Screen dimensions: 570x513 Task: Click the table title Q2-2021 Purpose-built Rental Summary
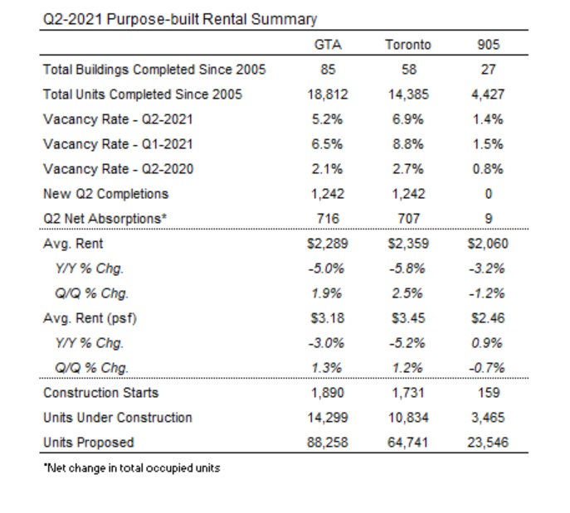point(180,19)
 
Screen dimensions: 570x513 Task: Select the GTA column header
point(328,45)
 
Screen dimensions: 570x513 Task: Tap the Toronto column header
point(408,45)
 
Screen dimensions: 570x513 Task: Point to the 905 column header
point(488,45)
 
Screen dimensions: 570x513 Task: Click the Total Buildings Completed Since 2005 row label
point(154,70)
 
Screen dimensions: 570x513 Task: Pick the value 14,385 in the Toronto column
point(408,94)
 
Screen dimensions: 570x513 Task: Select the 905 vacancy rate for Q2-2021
point(488,119)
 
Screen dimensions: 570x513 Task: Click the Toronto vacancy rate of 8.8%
point(408,144)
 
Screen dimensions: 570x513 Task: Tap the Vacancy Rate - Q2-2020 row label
point(118,169)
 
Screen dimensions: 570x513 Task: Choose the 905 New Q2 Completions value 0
point(488,194)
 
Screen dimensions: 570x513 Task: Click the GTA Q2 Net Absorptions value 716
point(328,219)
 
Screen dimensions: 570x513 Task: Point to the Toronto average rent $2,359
point(408,244)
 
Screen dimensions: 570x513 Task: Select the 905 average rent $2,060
point(488,244)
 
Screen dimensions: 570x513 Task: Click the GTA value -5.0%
point(326,269)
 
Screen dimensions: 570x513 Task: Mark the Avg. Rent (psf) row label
point(90,318)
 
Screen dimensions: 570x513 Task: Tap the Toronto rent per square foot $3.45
point(408,318)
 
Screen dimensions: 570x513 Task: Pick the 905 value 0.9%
point(487,343)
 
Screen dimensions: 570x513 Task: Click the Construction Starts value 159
point(489,393)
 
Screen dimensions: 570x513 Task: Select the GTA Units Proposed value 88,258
point(328,443)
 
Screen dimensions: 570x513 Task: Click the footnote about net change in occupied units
point(132,468)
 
